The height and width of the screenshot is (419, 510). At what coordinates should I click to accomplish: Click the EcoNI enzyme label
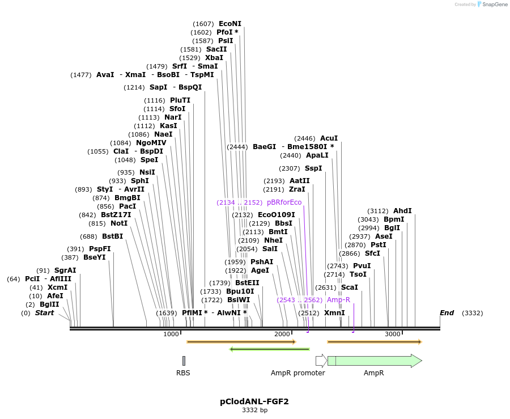point(229,24)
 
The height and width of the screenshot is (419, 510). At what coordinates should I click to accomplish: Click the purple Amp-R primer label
point(338,299)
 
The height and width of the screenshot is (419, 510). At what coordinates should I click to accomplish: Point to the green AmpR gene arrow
point(374,361)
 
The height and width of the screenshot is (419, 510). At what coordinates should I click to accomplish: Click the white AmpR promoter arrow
point(321,361)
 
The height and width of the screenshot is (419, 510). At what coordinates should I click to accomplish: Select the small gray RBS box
point(184,361)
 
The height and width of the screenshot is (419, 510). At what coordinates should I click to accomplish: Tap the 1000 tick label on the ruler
point(171,335)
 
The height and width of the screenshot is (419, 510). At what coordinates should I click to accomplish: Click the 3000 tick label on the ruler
point(393,335)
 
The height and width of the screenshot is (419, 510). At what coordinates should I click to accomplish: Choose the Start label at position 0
point(45,313)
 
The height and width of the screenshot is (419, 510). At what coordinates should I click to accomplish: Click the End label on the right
point(447,313)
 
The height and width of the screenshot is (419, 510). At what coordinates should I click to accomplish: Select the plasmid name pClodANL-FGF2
point(254,401)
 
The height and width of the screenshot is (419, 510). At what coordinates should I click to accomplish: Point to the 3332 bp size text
point(254,410)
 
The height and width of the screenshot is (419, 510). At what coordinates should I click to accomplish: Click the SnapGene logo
point(492,5)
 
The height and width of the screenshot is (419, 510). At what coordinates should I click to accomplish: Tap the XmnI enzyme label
point(334,313)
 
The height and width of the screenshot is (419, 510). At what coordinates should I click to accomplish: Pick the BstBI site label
point(112,236)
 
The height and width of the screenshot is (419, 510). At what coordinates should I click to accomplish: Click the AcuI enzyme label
point(329,138)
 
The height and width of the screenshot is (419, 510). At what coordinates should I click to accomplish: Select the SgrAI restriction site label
point(65,270)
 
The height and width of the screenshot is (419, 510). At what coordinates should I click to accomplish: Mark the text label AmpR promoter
point(297,373)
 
